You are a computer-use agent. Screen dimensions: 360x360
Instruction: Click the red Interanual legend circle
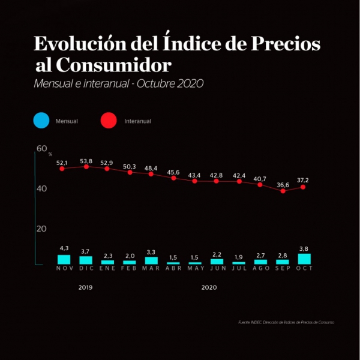109,121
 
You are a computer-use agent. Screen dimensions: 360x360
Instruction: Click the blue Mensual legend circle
41,121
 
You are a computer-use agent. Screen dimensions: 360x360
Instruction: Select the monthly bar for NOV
64,259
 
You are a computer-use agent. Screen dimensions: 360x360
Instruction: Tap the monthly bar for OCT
304,259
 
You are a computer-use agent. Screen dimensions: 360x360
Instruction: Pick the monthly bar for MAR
151,260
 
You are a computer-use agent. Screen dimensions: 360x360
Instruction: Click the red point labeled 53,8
86,167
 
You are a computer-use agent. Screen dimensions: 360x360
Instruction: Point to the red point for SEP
283,191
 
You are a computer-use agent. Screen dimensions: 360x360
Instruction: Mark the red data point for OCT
304,187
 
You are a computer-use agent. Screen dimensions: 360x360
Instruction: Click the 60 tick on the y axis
41,149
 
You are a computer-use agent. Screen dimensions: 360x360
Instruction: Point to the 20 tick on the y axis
41,229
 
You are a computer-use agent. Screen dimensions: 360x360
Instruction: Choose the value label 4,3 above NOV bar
64,248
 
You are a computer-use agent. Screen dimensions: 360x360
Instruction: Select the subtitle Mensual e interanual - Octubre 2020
119,83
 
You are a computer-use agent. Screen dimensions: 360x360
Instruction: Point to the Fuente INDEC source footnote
286,322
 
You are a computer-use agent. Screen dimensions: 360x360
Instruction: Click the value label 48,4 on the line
151,167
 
